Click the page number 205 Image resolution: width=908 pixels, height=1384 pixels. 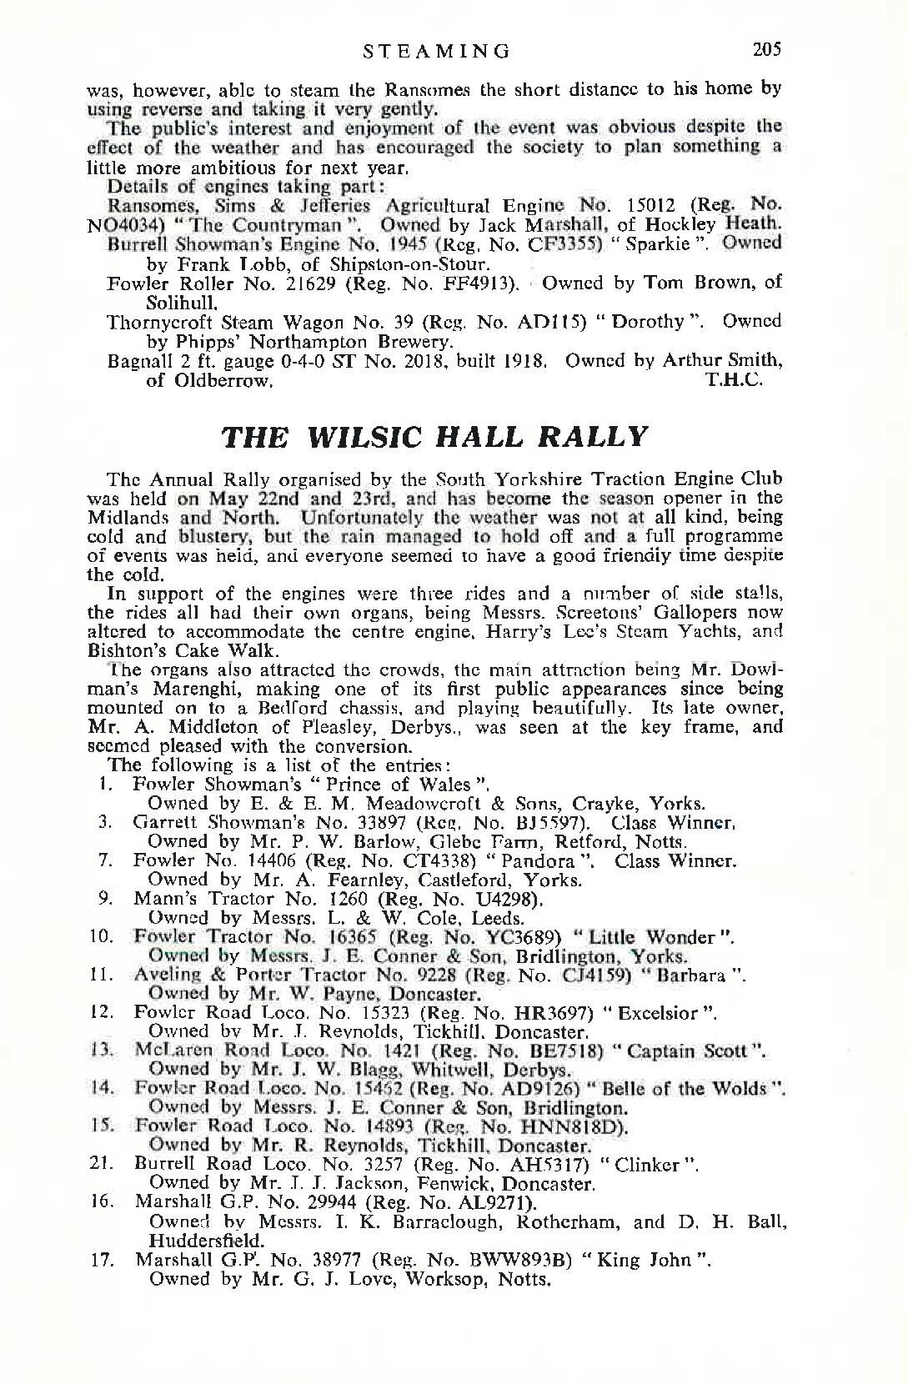click(765, 49)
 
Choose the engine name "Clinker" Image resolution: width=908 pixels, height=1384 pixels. click(648, 1164)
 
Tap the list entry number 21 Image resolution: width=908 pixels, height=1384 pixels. click(103, 1164)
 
